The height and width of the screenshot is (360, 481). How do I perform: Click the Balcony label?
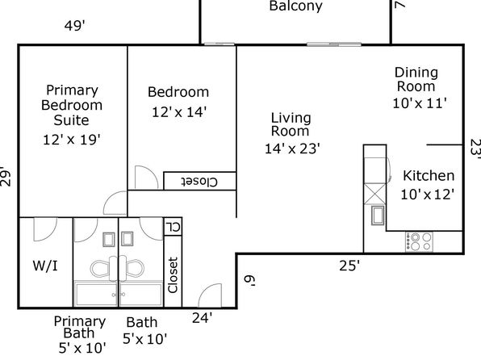pos(295,6)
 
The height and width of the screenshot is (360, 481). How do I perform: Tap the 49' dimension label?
pos(74,26)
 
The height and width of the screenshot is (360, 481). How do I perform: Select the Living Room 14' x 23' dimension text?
pos(292,149)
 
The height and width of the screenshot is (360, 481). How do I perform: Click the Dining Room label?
pos(416,79)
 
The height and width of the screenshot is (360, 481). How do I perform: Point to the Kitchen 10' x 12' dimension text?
pos(427,195)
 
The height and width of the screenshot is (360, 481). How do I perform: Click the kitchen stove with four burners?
pos(419,241)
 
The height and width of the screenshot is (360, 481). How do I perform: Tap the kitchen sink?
pos(378,216)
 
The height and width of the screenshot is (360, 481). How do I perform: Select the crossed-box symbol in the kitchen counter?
pos(374,194)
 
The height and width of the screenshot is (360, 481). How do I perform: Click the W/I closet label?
pos(45,266)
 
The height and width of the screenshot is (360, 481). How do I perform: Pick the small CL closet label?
pos(173,227)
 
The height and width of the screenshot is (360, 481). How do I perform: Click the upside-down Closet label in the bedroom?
pos(199,182)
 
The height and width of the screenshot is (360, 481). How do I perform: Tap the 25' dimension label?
pos(349,266)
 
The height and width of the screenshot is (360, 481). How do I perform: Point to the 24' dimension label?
pos(202,318)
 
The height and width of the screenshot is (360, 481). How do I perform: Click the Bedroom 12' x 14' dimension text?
pos(179,112)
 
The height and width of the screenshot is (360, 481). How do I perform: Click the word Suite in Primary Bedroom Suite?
pos(71,120)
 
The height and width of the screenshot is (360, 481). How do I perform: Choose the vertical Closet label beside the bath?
pos(173,275)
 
